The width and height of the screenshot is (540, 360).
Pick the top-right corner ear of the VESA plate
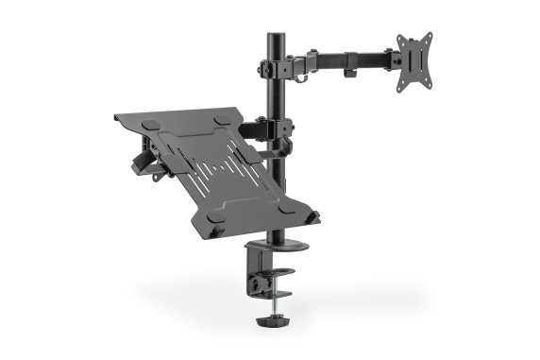(x=429, y=38)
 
